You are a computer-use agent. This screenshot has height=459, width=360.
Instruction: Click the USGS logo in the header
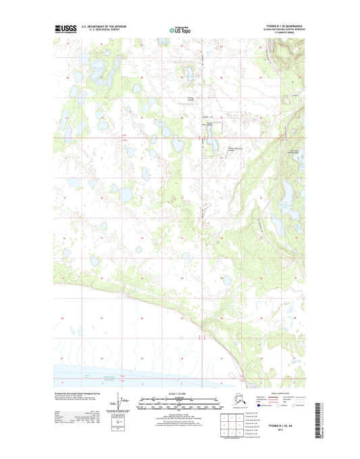pos(65,29)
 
